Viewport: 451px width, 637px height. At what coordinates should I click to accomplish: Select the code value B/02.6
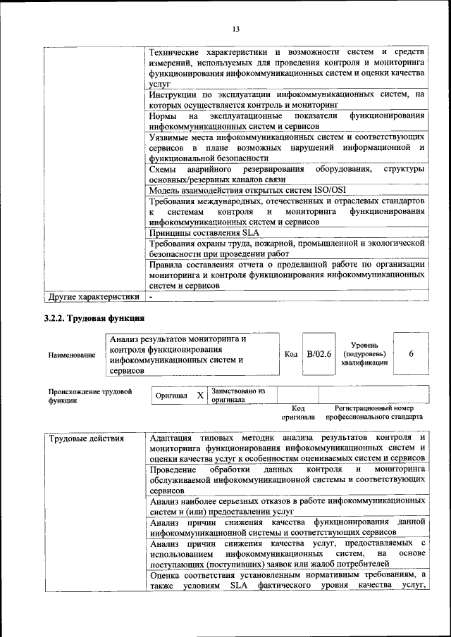click(319, 353)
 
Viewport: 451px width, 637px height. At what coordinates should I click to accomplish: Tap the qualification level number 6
click(410, 353)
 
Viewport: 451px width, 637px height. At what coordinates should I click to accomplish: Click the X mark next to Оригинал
click(200, 396)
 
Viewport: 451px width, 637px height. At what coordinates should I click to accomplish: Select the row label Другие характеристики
click(92, 298)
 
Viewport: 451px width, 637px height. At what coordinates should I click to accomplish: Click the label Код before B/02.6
click(290, 353)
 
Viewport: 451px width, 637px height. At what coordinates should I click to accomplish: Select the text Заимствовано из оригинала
click(237, 395)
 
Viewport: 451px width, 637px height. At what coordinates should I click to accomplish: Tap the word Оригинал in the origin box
click(171, 396)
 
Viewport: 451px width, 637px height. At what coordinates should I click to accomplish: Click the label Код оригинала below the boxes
click(297, 412)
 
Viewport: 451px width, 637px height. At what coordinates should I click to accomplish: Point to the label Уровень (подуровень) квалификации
click(364, 353)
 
